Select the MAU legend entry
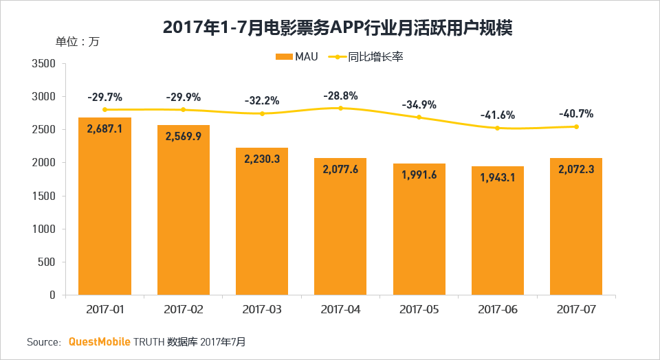click(297, 57)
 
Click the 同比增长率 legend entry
click(367, 57)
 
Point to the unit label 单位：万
click(78, 41)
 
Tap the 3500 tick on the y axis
click(43, 64)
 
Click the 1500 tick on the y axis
click(43, 196)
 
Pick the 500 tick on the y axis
click(46, 262)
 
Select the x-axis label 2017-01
click(105, 310)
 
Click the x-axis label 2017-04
click(340, 310)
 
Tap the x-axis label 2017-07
click(576, 310)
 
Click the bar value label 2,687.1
click(104, 128)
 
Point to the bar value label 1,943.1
click(497, 177)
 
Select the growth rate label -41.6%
click(498, 115)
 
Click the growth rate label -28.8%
click(340, 95)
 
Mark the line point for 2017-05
click(419, 117)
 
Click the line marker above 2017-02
click(183, 110)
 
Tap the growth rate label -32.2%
click(262, 100)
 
